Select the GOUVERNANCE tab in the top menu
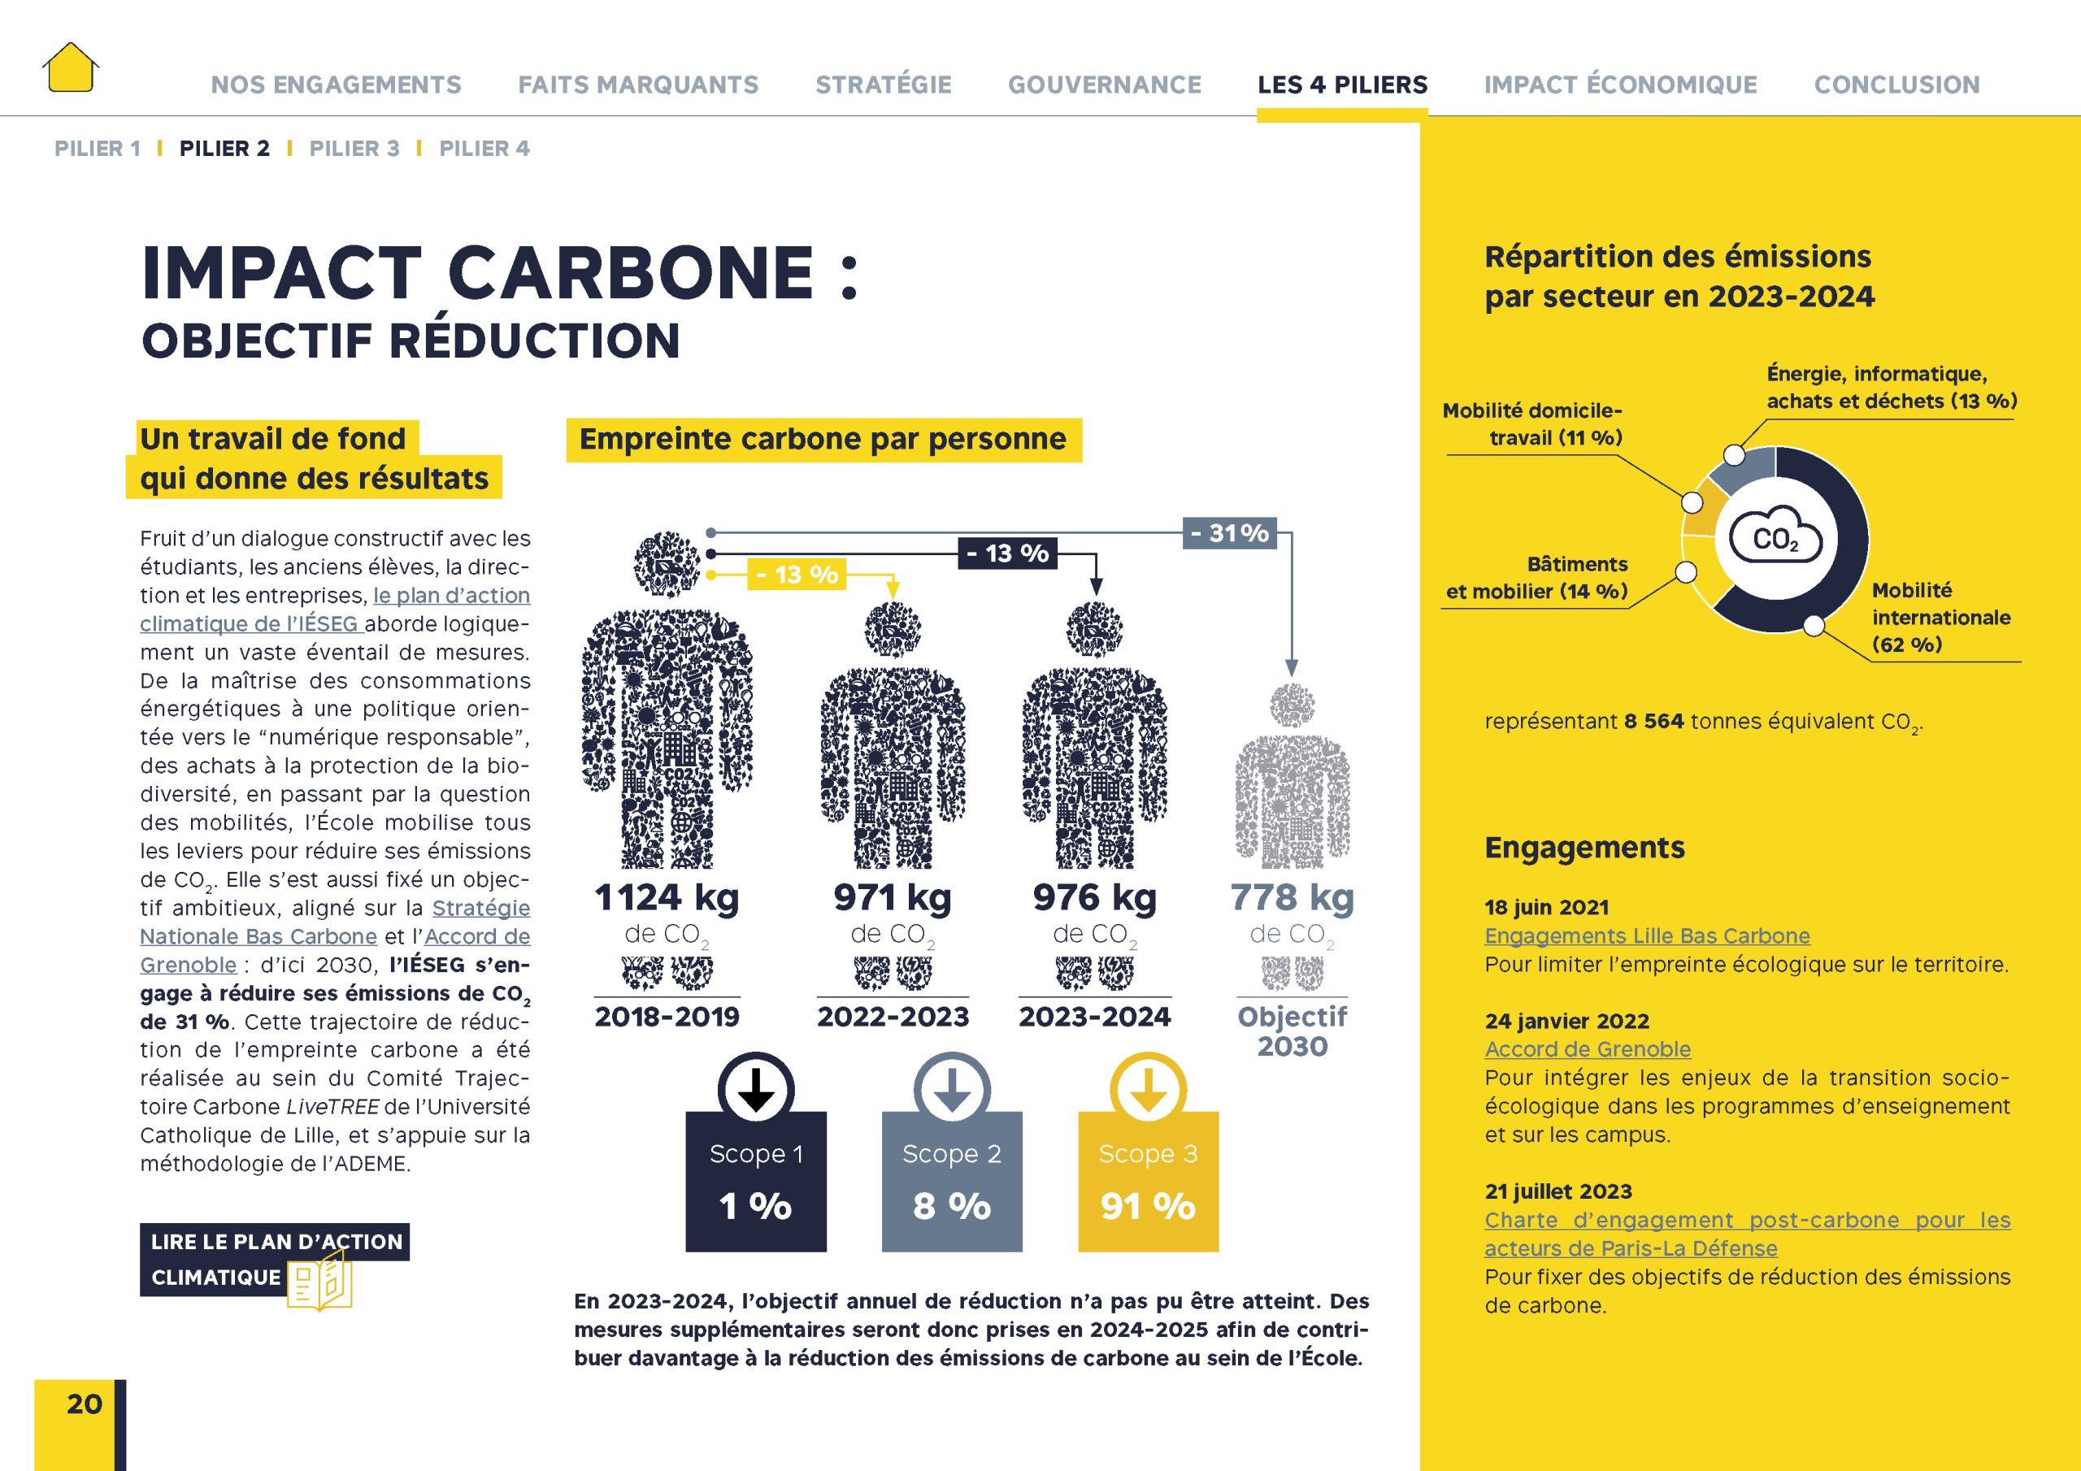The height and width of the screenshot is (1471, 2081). coord(1104,85)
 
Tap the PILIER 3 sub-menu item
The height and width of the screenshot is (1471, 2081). coord(354,149)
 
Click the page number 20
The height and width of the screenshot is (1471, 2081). coord(85,1404)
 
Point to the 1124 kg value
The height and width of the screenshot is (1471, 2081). coord(667,897)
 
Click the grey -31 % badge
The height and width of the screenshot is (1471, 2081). coord(1229,533)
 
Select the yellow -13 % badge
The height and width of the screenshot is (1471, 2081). coord(796,575)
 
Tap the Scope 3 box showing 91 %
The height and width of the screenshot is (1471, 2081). coord(1148,1182)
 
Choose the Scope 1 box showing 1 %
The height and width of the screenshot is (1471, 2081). coord(756,1182)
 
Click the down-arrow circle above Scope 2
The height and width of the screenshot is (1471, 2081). coord(952,1089)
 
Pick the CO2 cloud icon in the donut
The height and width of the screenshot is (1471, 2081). coord(1775,538)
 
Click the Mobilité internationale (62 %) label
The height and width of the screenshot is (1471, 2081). coord(1940,617)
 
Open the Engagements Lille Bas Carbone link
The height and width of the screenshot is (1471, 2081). coord(1646,936)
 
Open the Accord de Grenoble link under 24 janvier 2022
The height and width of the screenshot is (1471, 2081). coord(1587,1049)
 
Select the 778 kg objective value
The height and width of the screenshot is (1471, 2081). coord(1292,897)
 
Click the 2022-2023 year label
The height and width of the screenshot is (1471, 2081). coord(893,1017)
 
